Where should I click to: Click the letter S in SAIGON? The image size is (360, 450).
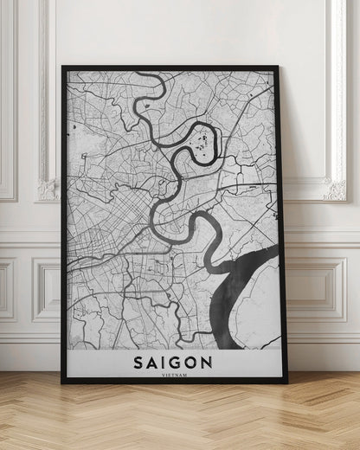pos(135,360)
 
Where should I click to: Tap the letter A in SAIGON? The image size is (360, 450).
pos(151,360)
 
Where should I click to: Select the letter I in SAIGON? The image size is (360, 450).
pos(164,360)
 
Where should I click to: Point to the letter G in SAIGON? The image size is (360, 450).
pos(177,360)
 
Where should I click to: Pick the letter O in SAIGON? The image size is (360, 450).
pos(195,360)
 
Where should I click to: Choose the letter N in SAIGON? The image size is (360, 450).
pos(213,360)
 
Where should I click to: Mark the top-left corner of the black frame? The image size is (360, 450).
pos(62,67)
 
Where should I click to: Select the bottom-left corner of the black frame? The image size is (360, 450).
pos(62,382)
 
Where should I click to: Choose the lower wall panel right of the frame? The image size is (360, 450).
pos(325,290)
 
